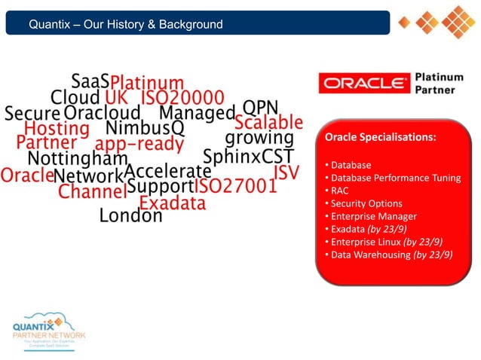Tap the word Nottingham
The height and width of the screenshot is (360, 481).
(x=78, y=160)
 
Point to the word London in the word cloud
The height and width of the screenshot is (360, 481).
(x=130, y=217)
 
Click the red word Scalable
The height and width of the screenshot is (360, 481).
(x=268, y=123)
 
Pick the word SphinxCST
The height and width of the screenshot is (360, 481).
(x=248, y=157)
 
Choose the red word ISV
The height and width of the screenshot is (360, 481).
(x=286, y=173)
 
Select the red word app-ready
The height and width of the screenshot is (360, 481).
(x=139, y=143)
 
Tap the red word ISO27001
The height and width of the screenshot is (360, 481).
(x=236, y=186)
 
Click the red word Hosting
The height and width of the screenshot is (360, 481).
(x=57, y=129)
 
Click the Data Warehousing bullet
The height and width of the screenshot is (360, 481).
(x=388, y=255)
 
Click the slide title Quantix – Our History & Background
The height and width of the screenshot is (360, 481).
(x=126, y=25)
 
